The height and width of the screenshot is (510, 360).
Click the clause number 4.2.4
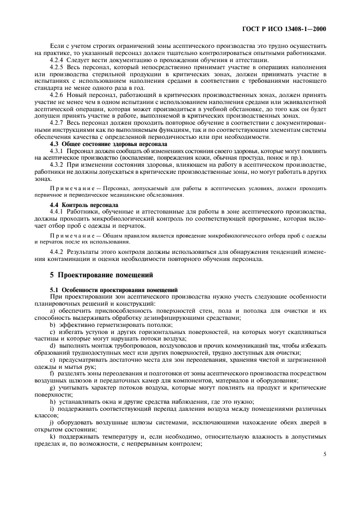pos(57,59)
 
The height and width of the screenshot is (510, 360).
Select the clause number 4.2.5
pos(57,66)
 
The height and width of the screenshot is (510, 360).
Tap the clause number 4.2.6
pos(57,94)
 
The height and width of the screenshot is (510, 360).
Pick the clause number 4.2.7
pos(57,123)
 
